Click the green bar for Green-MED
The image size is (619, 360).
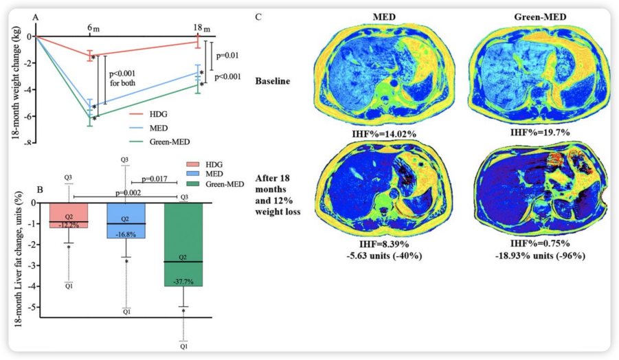(x=183, y=245)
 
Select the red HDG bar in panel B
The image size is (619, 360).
(x=69, y=216)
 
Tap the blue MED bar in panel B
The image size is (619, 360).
(x=126, y=221)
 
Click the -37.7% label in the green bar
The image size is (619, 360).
(x=183, y=282)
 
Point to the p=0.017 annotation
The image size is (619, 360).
(x=154, y=179)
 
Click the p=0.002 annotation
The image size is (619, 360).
(x=128, y=193)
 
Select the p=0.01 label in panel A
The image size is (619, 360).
(x=227, y=56)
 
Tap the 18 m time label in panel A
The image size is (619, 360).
(x=202, y=28)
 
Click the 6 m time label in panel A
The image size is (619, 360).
(x=93, y=28)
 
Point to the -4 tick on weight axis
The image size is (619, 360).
(x=28, y=89)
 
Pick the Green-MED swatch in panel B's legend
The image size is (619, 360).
(x=194, y=184)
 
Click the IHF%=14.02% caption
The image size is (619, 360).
(x=384, y=134)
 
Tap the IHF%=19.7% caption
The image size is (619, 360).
(x=540, y=132)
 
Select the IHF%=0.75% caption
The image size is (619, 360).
(x=540, y=243)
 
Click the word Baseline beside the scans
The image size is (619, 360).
(x=273, y=81)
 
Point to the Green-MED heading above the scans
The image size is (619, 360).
(x=540, y=17)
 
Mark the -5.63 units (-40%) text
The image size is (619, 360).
(x=384, y=256)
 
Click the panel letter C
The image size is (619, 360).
(x=258, y=17)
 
